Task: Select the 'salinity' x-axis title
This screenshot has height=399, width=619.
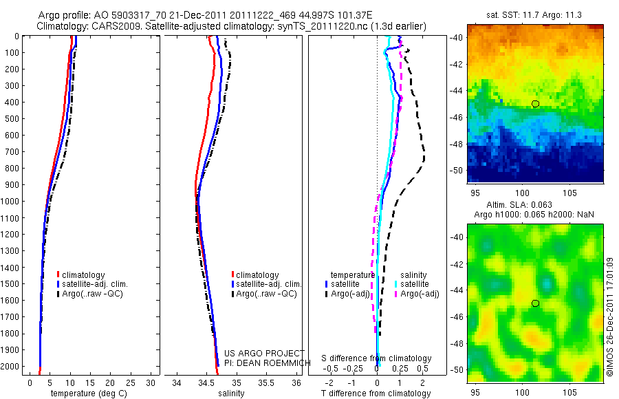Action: [230, 393]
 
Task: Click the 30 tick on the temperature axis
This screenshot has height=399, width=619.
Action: [151, 382]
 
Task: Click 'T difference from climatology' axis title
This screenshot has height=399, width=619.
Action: [376, 393]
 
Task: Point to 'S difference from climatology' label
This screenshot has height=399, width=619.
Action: [376, 358]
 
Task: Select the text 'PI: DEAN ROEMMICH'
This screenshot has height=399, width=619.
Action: [264, 363]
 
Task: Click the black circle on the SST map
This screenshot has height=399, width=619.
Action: [535, 103]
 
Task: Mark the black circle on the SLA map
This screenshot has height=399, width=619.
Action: [535, 303]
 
